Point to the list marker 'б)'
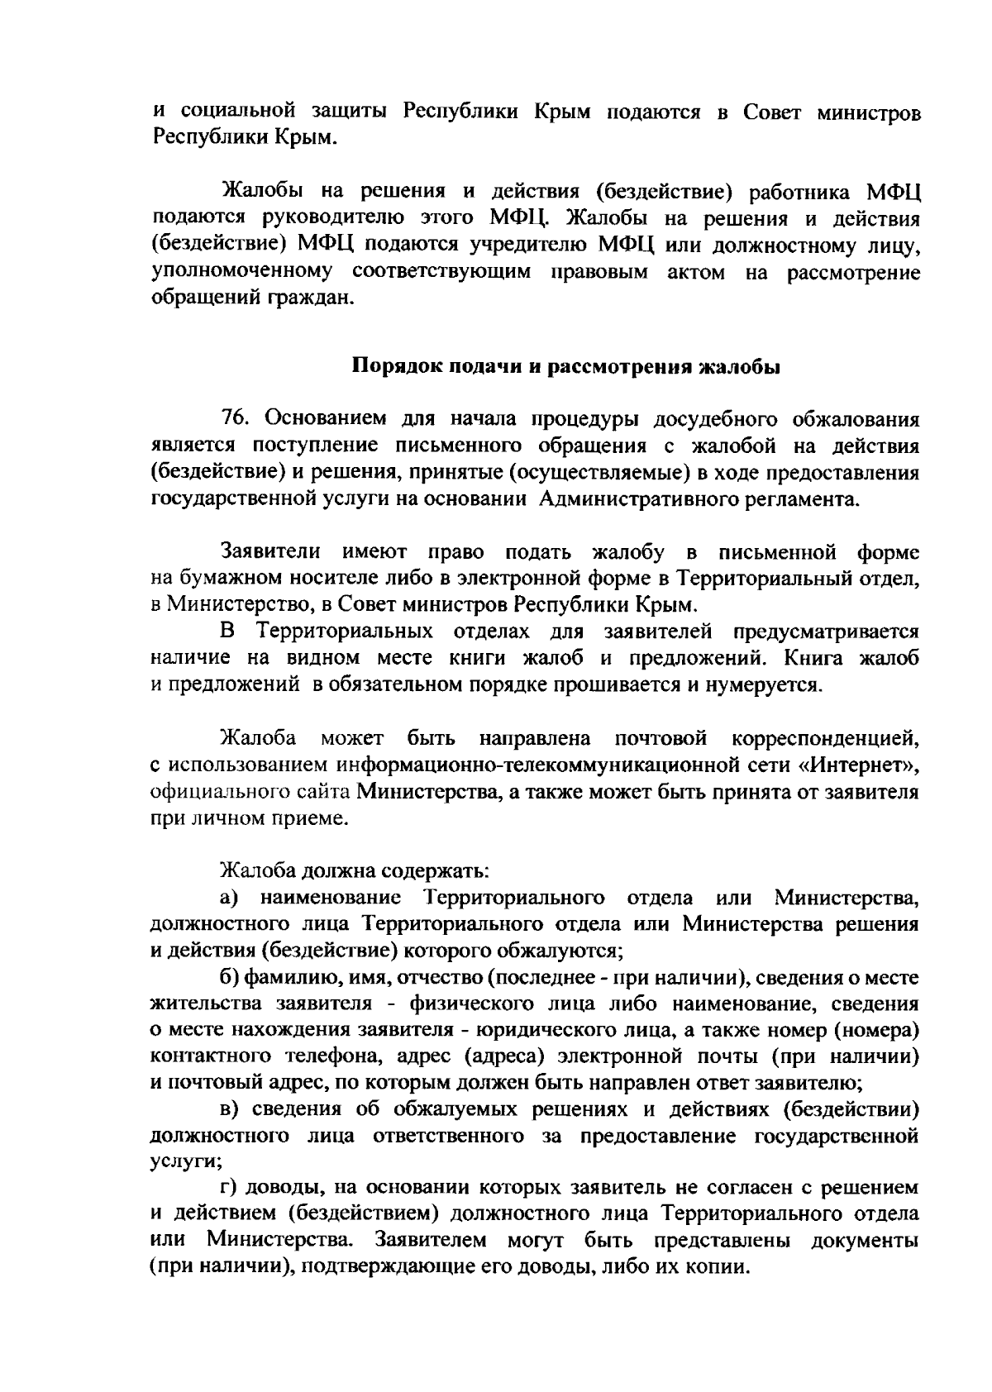[x=229, y=978]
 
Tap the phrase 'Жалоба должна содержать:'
[x=354, y=871]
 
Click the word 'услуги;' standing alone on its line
[x=180, y=1161]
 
